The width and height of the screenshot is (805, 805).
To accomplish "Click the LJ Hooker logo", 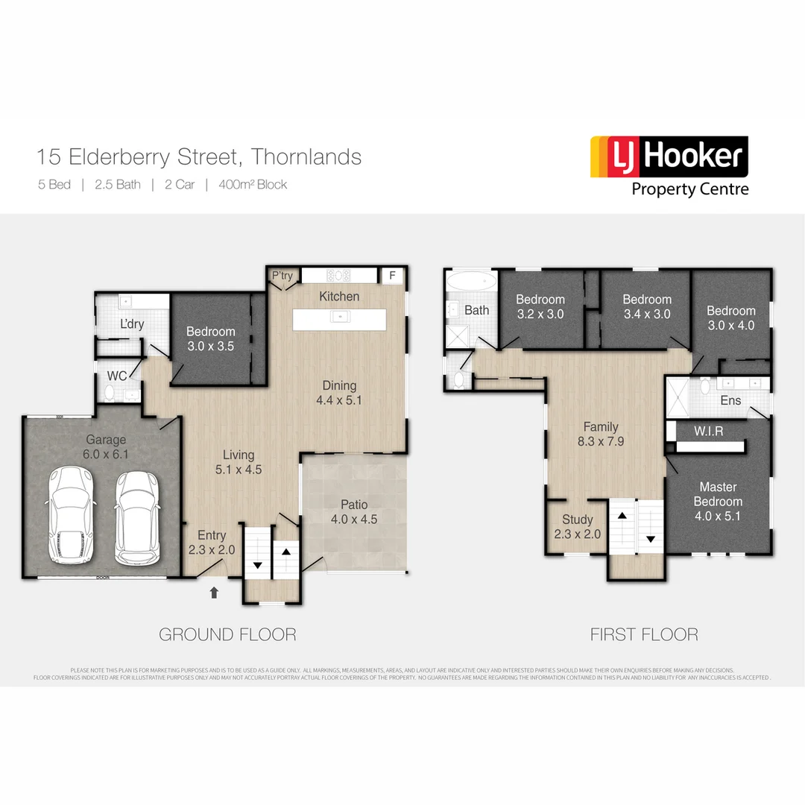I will pos(669,165).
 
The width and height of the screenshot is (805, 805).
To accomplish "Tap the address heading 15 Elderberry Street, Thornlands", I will pos(199,157).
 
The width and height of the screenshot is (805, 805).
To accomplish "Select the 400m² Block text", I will pos(253,185).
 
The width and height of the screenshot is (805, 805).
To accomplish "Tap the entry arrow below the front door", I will pos(215,593).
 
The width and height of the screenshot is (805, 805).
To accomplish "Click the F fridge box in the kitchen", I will pos(391,276).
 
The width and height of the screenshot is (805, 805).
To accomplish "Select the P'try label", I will pos(282,276).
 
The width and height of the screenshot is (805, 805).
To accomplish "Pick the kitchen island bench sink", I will pos(340,317).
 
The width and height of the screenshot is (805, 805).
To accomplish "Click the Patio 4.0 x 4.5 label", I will pos(354,512).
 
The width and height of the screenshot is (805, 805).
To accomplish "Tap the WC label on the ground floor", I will pos(117,375).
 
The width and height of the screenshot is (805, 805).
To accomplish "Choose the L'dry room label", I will pos(133,325).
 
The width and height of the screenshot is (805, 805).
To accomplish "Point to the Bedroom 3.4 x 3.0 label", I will pos(647,306).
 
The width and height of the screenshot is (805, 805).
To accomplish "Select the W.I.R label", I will pos(708,431).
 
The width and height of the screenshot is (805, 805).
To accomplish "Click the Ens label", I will pos(730,401).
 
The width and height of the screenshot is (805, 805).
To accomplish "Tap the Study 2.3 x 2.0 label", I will pos(578,526).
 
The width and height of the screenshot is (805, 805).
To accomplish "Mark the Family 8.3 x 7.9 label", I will pos(601,434).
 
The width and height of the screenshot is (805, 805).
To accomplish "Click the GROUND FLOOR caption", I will pos(227,634).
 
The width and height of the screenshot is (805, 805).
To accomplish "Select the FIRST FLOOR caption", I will pos(644,634).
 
